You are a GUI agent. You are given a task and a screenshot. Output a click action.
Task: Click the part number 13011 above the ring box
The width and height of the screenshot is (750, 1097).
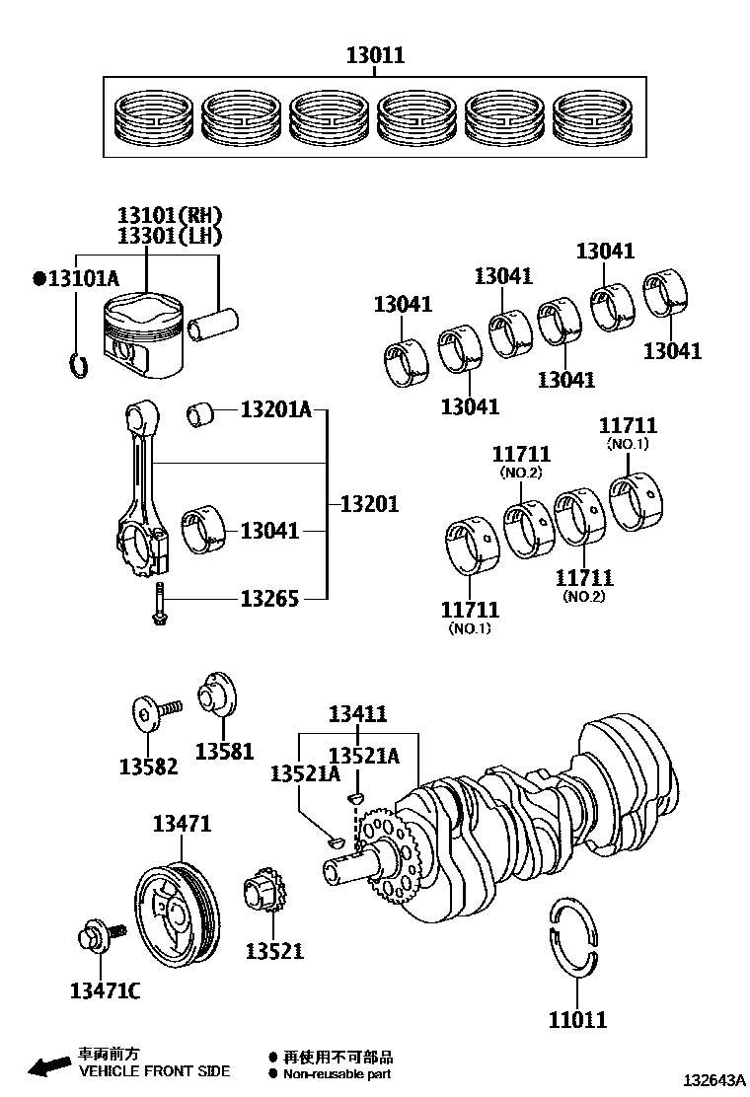pyautogui.click(x=375, y=55)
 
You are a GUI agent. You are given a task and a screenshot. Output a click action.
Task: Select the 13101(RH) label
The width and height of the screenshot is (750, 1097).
pyautogui.click(x=169, y=215)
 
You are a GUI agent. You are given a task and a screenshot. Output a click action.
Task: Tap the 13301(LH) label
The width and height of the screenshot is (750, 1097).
pyautogui.click(x=169, y=236)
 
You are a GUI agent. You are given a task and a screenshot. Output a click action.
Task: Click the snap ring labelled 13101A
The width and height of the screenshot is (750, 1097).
pyautogui.click(x=78, y=364)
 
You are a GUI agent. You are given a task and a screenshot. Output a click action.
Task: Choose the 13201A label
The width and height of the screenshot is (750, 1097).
pyautogui.click(x=275, y=409)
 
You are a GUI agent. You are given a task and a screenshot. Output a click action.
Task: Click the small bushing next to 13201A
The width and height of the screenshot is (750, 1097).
pyautogui.click(x=203, y=414)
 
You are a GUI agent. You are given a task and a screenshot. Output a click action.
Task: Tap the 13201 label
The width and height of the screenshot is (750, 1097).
pyautogui.click(x=369, y=504)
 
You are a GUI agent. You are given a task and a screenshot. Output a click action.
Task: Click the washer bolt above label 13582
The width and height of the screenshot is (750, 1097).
pyautogui.click(x=154, y=711)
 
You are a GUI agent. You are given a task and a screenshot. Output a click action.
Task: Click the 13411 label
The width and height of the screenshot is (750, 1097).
pyautogui.click(x=357, y=714)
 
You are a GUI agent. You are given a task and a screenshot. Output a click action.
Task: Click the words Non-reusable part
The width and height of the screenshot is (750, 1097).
pyautogui.click(x=337, y=1074)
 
